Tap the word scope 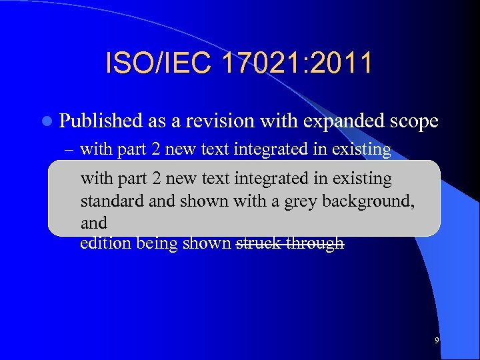(414, 121)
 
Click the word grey (301, 201)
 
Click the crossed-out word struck (259, 243)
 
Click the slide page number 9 (437, 341)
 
